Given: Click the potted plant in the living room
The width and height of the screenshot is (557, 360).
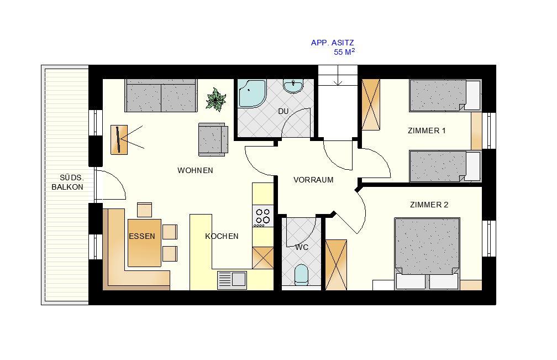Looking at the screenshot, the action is pyautogui.click(x=216, y=99).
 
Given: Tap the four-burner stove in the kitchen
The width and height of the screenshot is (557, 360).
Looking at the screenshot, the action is pyautogui.click(x=262, y=216).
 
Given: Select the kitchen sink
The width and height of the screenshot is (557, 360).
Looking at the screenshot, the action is pyautogui.click(x=232, y=280).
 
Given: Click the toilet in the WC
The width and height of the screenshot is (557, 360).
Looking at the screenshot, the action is pyautogui.click(x=302, y=274).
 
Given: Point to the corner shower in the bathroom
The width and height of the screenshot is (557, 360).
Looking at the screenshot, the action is pyautogui.click(x=251, y=93).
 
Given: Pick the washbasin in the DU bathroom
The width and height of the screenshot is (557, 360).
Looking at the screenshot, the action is pyautogui.click(x=293, y=86).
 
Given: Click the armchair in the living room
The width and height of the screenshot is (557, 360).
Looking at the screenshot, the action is pyautogui.click(x=213, y=139).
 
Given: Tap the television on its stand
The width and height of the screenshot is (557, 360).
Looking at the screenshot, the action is pyautogui.click(x=119, y=140).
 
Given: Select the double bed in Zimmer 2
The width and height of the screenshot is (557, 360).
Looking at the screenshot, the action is pyautogui.click(x=427, y=253).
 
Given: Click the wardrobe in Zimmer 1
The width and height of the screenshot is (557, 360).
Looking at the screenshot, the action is pyautogui.click(x=371, y=105).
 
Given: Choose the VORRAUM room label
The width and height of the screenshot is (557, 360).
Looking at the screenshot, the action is pyautogui.click(x=313, y=180).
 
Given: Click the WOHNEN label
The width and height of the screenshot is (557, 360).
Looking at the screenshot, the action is pyautogui.click(x=196, y=170).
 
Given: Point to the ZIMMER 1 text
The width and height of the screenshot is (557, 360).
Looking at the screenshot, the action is pyautogui.click(x=427, y=131).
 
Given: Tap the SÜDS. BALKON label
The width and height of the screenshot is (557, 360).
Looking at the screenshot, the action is pyautogui.click(x=67, y=182).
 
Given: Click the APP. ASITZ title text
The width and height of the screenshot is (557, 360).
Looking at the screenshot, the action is pyautogui.click(x=333, y=43).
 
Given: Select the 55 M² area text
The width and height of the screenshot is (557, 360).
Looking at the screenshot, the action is pyautogui.click(x=344, y=52).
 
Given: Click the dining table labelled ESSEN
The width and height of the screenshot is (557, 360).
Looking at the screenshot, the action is pyautogui.click(x=145, y=243).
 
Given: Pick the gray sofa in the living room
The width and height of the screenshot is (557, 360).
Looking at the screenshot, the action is pyautogui.click(x=161, y=95).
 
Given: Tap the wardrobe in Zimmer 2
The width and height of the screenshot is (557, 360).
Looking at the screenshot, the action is pyautogui.click(x=336, y=265).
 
